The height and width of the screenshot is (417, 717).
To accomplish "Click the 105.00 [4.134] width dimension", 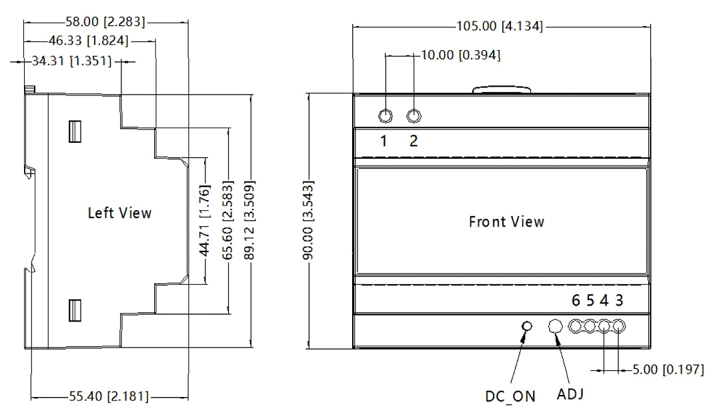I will [x=500, y=27].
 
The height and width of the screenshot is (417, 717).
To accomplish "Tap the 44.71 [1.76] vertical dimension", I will [x=206, y=221].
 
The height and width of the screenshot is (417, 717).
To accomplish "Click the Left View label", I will [x=120, y=214].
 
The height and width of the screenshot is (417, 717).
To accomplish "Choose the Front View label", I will [x=506, y=222].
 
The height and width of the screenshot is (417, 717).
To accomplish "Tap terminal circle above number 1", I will [x=386, y=116].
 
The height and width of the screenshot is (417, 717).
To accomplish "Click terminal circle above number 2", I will [x=414, y=116].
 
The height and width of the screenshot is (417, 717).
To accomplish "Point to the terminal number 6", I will [x=576, y=301].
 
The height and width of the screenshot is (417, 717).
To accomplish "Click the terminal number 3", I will [x=619, y=301].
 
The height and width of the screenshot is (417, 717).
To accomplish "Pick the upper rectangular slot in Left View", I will [x=74, y=131].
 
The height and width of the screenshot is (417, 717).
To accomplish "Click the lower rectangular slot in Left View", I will [x=74, y=311].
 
